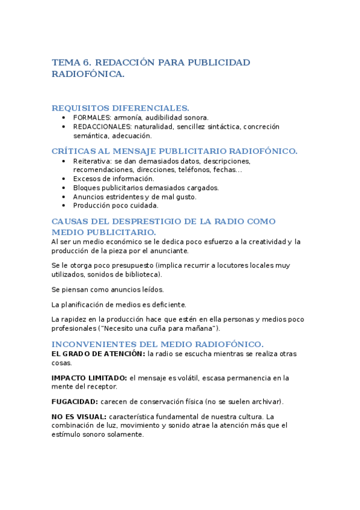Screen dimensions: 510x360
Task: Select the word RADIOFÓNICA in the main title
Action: click(88, 74)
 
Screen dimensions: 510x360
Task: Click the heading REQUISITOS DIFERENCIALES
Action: click(120, 108)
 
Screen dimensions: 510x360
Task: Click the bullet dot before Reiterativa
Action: click(64, 161)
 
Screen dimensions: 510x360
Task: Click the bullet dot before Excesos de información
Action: click(64, 179)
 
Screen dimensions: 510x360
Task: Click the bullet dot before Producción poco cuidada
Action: click(64, 205)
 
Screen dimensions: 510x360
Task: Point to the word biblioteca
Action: click(141, 274)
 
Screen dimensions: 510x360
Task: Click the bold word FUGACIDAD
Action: click(75, 401)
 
